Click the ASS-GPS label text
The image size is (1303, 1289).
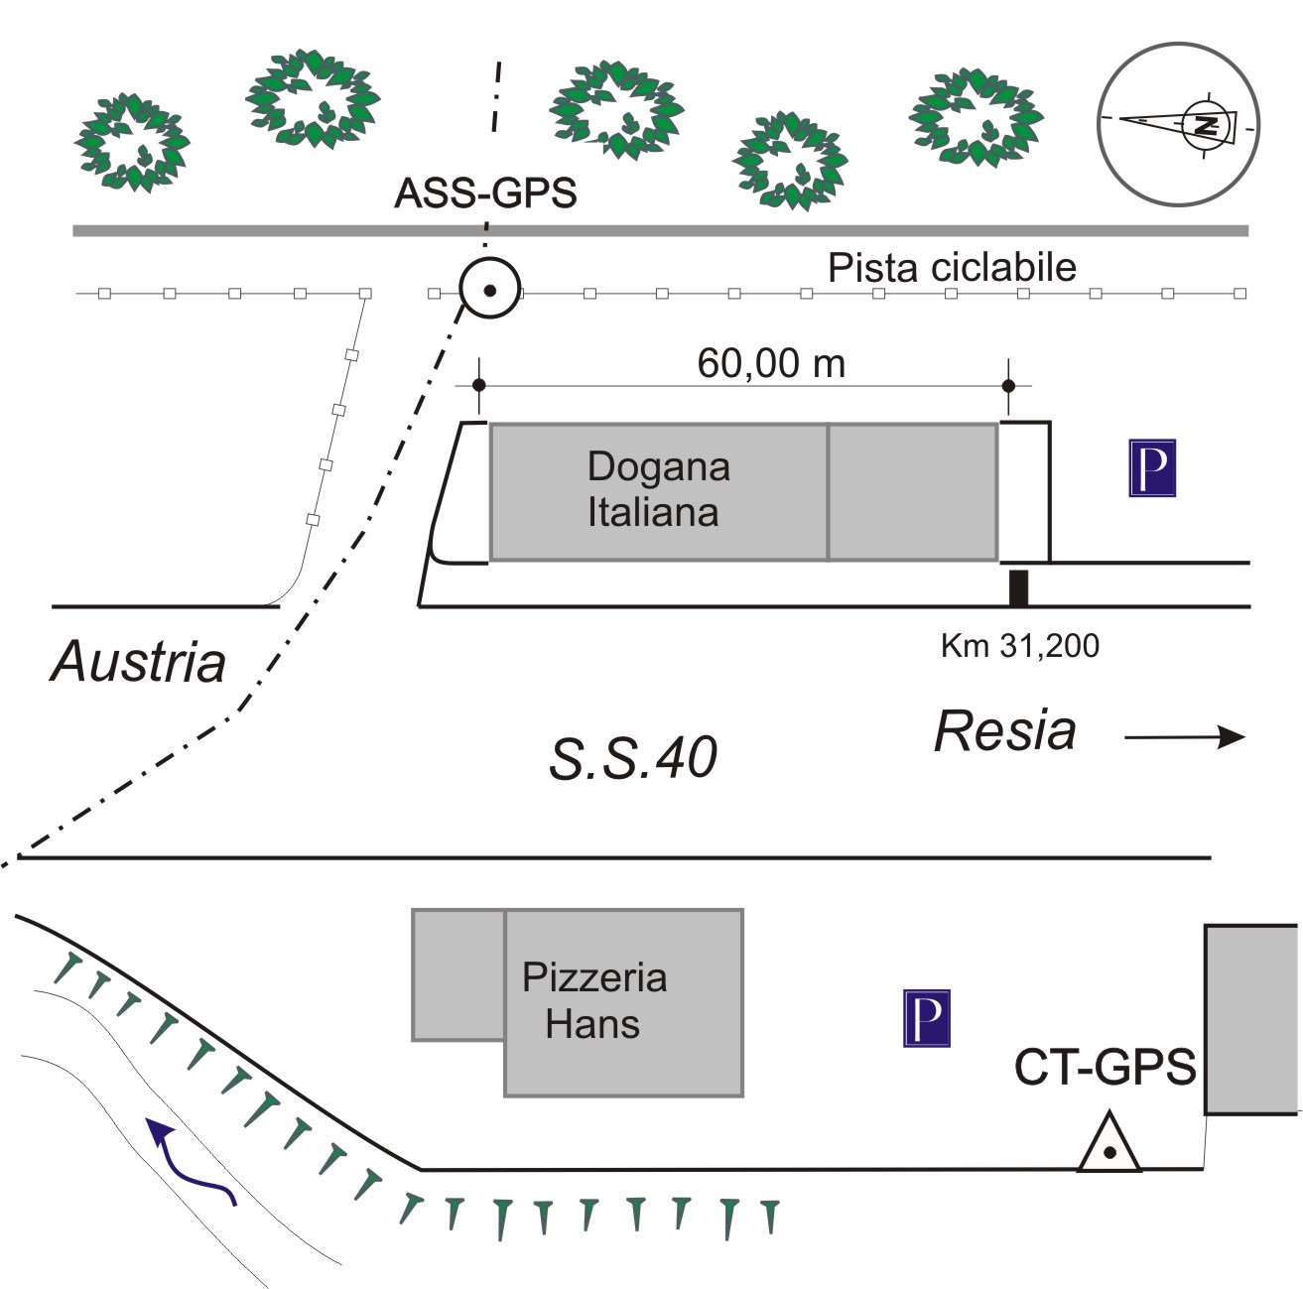tap(485, 193)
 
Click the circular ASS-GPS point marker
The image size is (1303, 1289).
tap(489, 289)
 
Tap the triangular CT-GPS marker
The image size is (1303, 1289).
tap(1109, 1146)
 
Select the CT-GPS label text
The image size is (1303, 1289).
tap(1105, 1068)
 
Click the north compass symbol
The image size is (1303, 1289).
tap(1178, 124)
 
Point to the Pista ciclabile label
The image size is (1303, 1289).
tap(952, 268)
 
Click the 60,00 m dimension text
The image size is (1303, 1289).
tap(771, 364)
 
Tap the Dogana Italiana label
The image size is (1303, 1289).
tap(657, 489)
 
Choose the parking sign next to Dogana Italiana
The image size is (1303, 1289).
tap(1152, 467)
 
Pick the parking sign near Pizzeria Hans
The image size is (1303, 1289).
tap(927, 1018)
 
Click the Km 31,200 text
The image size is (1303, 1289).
tap(1019, 646)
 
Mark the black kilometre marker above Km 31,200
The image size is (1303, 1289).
tap(1018, 587)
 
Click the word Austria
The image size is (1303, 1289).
tap(139, 662)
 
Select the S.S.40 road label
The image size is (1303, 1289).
tap(633, 759)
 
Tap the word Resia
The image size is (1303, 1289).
tap(1004, 732)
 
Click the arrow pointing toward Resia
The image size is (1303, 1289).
tap(1185, 736)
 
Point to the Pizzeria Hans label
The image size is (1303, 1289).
tap(594, 1000)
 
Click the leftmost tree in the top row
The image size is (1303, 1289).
tap(131, 142)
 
